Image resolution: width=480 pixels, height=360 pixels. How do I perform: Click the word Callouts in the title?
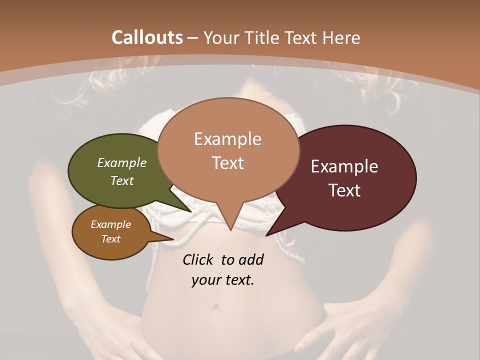click(147, 38)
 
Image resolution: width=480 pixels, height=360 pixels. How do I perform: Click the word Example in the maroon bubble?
click(344, 166)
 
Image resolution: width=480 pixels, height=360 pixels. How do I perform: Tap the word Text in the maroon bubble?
click(344, 190)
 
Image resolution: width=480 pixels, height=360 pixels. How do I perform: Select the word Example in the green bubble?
click(122, 163)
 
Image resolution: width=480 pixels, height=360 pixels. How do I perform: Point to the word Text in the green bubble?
click(122, 180)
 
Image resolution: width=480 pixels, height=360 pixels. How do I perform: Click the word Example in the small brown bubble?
click(110, 224)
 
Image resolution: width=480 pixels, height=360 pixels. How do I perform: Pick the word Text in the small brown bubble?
click(110, 239)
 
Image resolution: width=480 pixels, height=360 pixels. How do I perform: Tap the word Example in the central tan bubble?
click(227, 138)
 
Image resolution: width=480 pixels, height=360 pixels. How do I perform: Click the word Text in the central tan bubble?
click(227, 162)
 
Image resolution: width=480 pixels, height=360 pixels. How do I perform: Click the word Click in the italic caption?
click(198, 259)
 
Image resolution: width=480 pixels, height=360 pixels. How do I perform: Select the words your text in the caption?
click(223, 280)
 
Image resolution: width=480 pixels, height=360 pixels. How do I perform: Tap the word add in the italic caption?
click(251, 259)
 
